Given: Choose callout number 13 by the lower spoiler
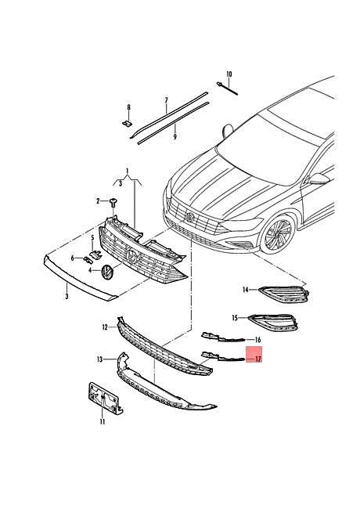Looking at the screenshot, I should coord(100,359).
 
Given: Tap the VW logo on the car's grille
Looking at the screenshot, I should coord(188,215).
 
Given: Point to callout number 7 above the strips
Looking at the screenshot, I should coord(166,101).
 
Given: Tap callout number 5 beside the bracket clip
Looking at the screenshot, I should coord(91,236).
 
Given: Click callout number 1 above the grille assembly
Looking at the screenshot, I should coord(126,170).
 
